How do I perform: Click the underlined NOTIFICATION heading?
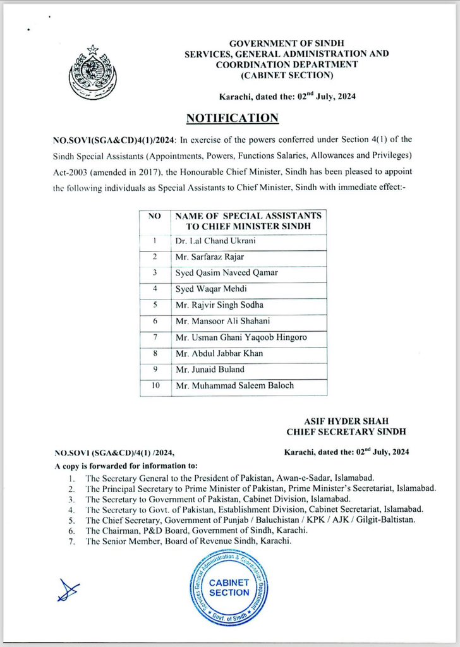point(232,118)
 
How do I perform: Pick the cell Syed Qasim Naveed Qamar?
point(226,274)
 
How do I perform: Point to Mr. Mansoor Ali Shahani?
point(219,322)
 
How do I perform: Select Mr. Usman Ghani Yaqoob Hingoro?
point(241,338)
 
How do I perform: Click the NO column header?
point(155,216)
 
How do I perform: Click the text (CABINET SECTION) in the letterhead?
point(286,75)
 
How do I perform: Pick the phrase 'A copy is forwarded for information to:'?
point(126,465)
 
